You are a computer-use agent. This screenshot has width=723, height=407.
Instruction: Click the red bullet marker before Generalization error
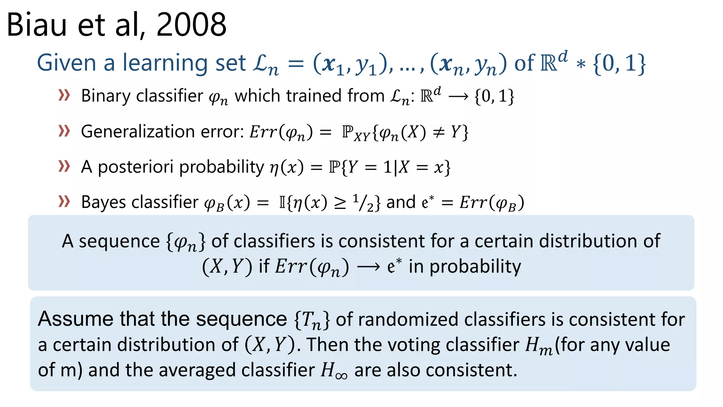pyautogui.click(x=64, y=131)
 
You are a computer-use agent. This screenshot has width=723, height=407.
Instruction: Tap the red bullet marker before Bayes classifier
pyautogui.click(x=64, y=201)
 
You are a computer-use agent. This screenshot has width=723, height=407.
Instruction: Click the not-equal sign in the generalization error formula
pyautogui.click(x=438, y=132)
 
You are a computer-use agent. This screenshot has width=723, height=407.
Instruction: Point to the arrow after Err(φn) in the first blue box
pyautogui.click(x=368, y=267)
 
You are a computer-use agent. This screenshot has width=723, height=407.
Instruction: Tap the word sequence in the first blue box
pyautogui.click(x=119, y=242)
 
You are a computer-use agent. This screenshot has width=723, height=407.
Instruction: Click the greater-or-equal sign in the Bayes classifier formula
pyautogui.click(x=340, y=203)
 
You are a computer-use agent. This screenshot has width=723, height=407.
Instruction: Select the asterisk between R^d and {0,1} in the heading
pyautogui.click(x=580, y=64)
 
